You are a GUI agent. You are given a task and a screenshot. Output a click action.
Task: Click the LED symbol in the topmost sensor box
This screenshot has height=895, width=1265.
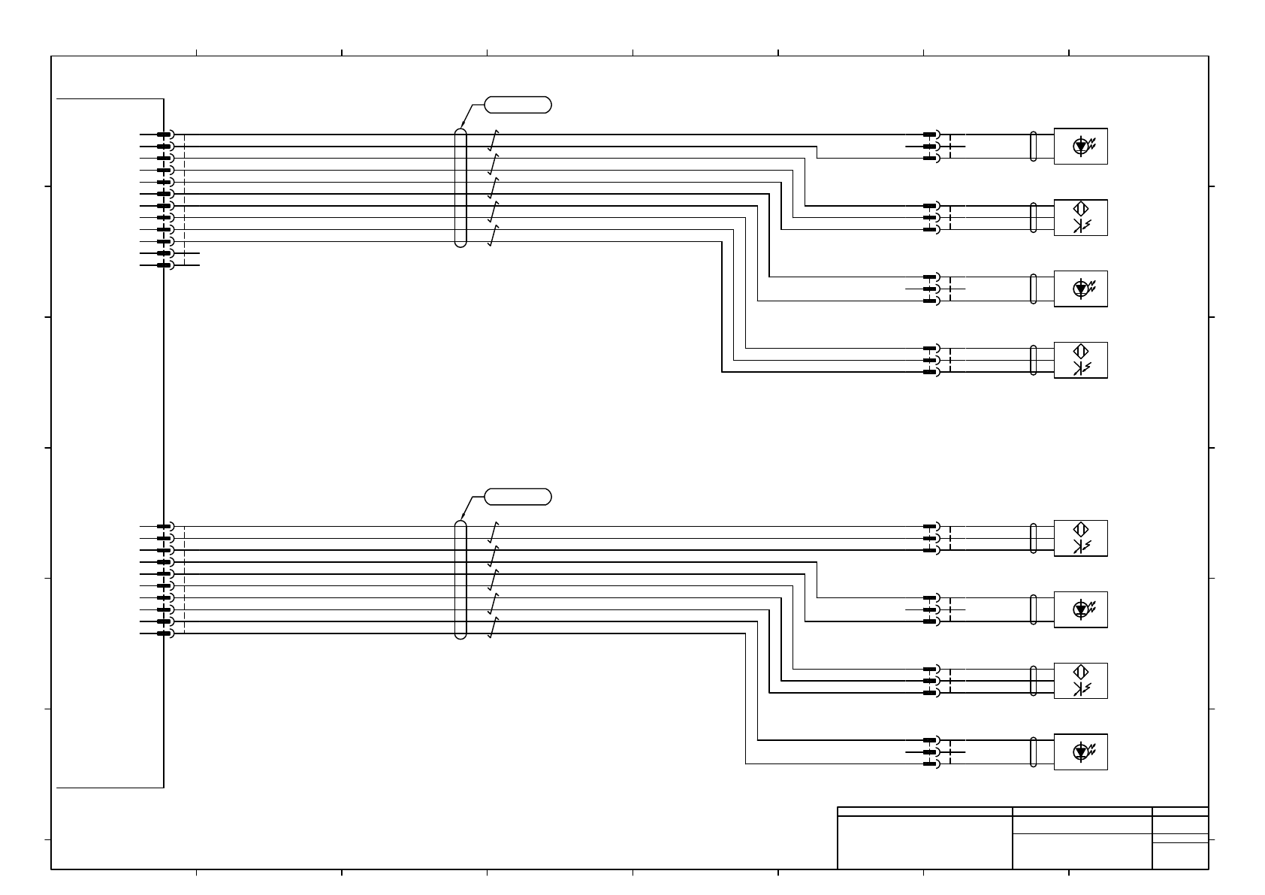(1081, 146)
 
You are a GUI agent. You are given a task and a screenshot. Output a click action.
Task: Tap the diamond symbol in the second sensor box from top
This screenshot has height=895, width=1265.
(1081, 208)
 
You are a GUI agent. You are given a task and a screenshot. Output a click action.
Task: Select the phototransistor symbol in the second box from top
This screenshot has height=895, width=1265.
(1081, 226)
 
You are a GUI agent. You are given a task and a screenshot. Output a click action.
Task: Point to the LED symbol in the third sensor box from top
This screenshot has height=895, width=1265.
(1081, 289)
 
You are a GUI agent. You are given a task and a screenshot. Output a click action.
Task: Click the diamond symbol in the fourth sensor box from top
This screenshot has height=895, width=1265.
(1081, 351)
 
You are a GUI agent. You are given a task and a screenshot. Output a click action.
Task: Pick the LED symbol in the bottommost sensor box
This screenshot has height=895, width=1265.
(1081, 751)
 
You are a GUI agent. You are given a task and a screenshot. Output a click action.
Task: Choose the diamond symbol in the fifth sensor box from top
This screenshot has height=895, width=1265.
(1081, 529)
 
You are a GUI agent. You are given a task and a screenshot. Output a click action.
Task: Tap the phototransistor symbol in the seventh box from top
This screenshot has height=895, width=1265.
(1081, 690)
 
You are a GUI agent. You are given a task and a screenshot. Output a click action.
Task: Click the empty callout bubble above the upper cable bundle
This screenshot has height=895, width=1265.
(518, 104)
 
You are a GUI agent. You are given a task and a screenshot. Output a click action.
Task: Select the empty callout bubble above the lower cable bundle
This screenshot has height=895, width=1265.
(518, 497)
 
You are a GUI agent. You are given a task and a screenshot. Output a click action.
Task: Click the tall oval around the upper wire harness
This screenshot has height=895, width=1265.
(460, 187)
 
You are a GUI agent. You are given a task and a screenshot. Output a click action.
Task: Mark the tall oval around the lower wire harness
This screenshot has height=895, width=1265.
(460, 579)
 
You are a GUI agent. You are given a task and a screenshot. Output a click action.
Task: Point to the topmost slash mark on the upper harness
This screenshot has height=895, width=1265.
(494, 140)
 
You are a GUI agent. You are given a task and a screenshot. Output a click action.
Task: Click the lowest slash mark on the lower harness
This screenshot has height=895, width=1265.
(494, 628)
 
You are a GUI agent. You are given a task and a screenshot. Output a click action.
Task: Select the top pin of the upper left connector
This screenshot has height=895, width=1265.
(165, 135)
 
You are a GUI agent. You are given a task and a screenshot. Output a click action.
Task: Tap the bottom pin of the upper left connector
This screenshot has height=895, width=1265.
(165, 265)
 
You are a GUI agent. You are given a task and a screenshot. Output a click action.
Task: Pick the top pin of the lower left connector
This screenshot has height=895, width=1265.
(165, 527)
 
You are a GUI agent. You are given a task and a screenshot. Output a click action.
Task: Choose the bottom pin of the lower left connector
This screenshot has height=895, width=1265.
(165, 633)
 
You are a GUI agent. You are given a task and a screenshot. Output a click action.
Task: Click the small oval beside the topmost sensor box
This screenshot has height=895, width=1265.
(1034, 146)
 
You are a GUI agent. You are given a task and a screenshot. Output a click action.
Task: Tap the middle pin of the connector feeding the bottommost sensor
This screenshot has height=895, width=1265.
(931, 751)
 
